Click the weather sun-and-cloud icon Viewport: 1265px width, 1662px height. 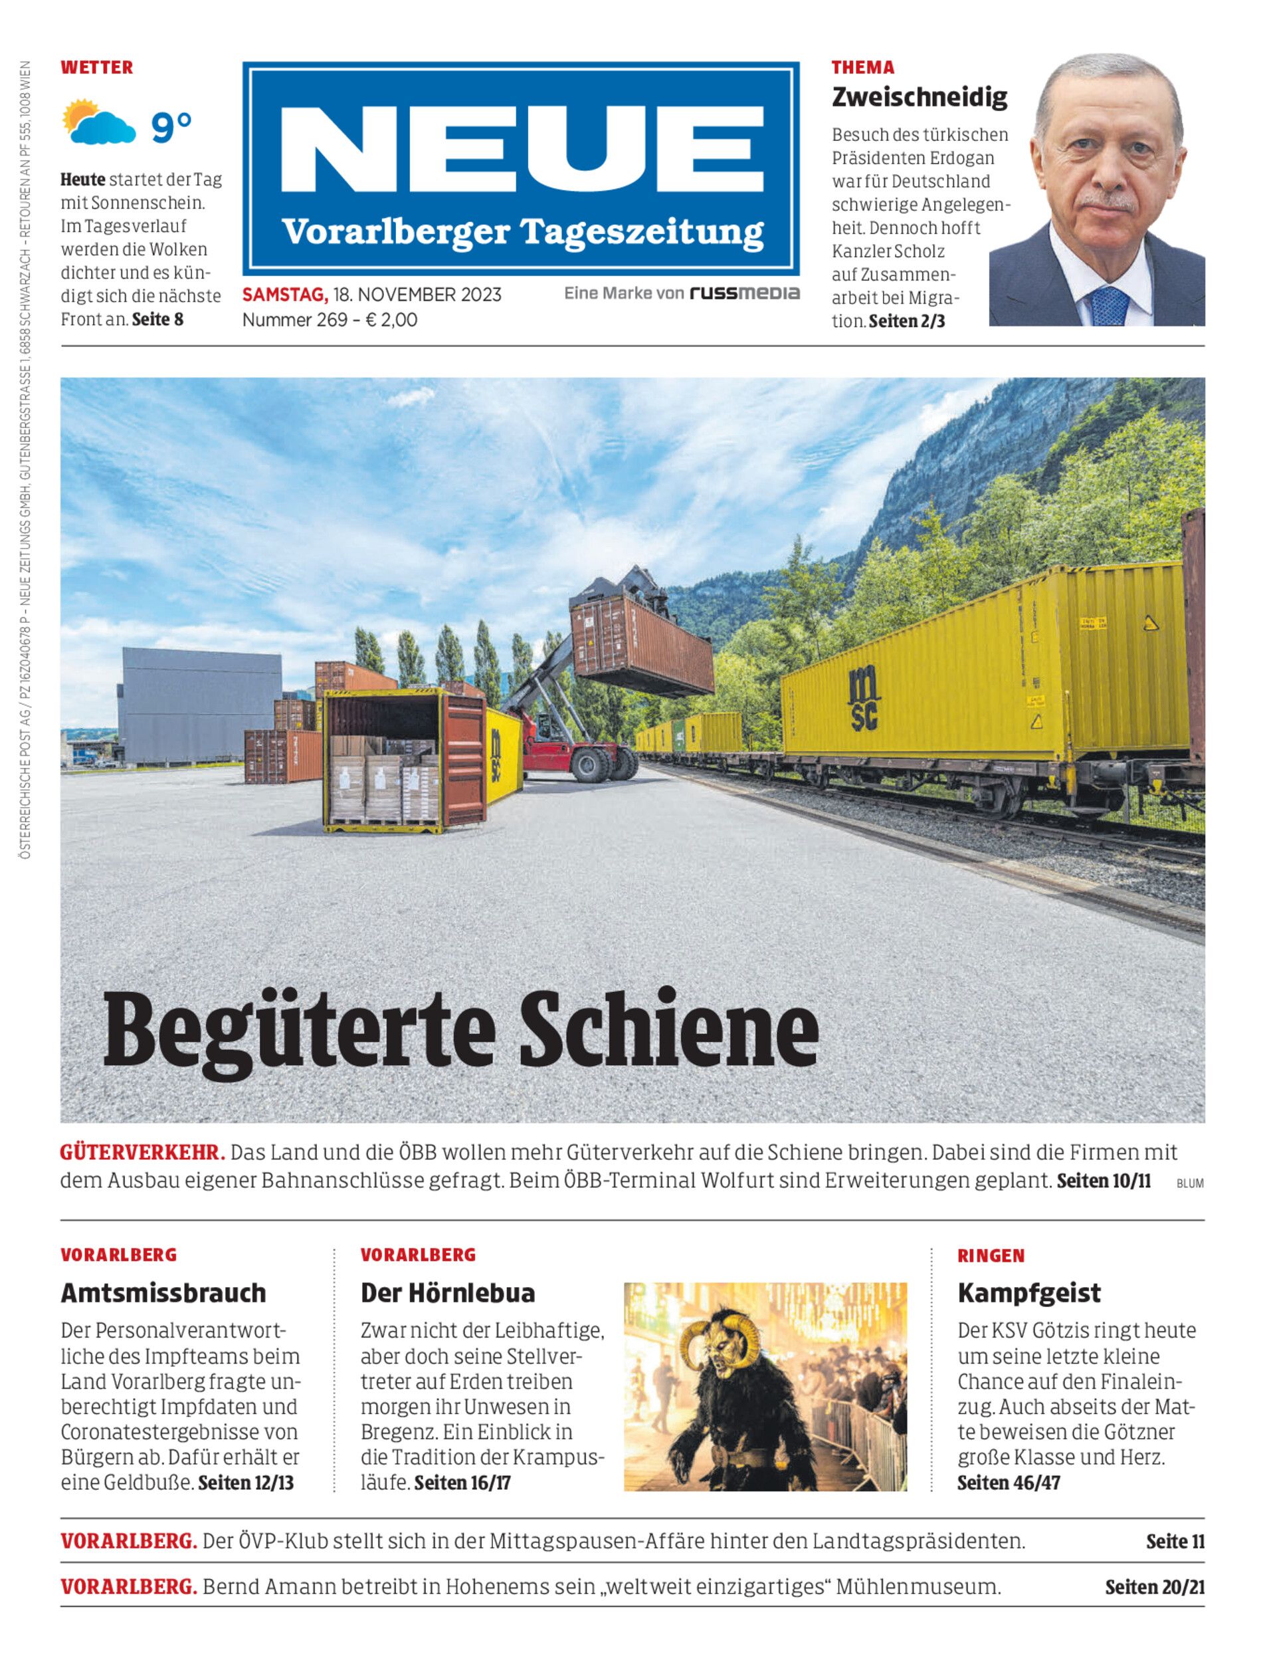click(x=98, y=123)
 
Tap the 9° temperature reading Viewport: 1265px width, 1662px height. click(x=171, y=126)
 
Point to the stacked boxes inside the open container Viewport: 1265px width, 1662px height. click(x=384, y=779)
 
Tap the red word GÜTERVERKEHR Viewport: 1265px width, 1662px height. click(x=142, y=1153)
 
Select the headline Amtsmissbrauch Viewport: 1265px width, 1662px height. click(x=163, y=1293)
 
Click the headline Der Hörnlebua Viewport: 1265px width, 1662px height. click(x=447, y=1293)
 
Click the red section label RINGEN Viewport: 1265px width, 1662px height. click(x=991, y=1256)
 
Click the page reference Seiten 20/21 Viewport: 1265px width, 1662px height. click(x=1154, y=1588)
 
